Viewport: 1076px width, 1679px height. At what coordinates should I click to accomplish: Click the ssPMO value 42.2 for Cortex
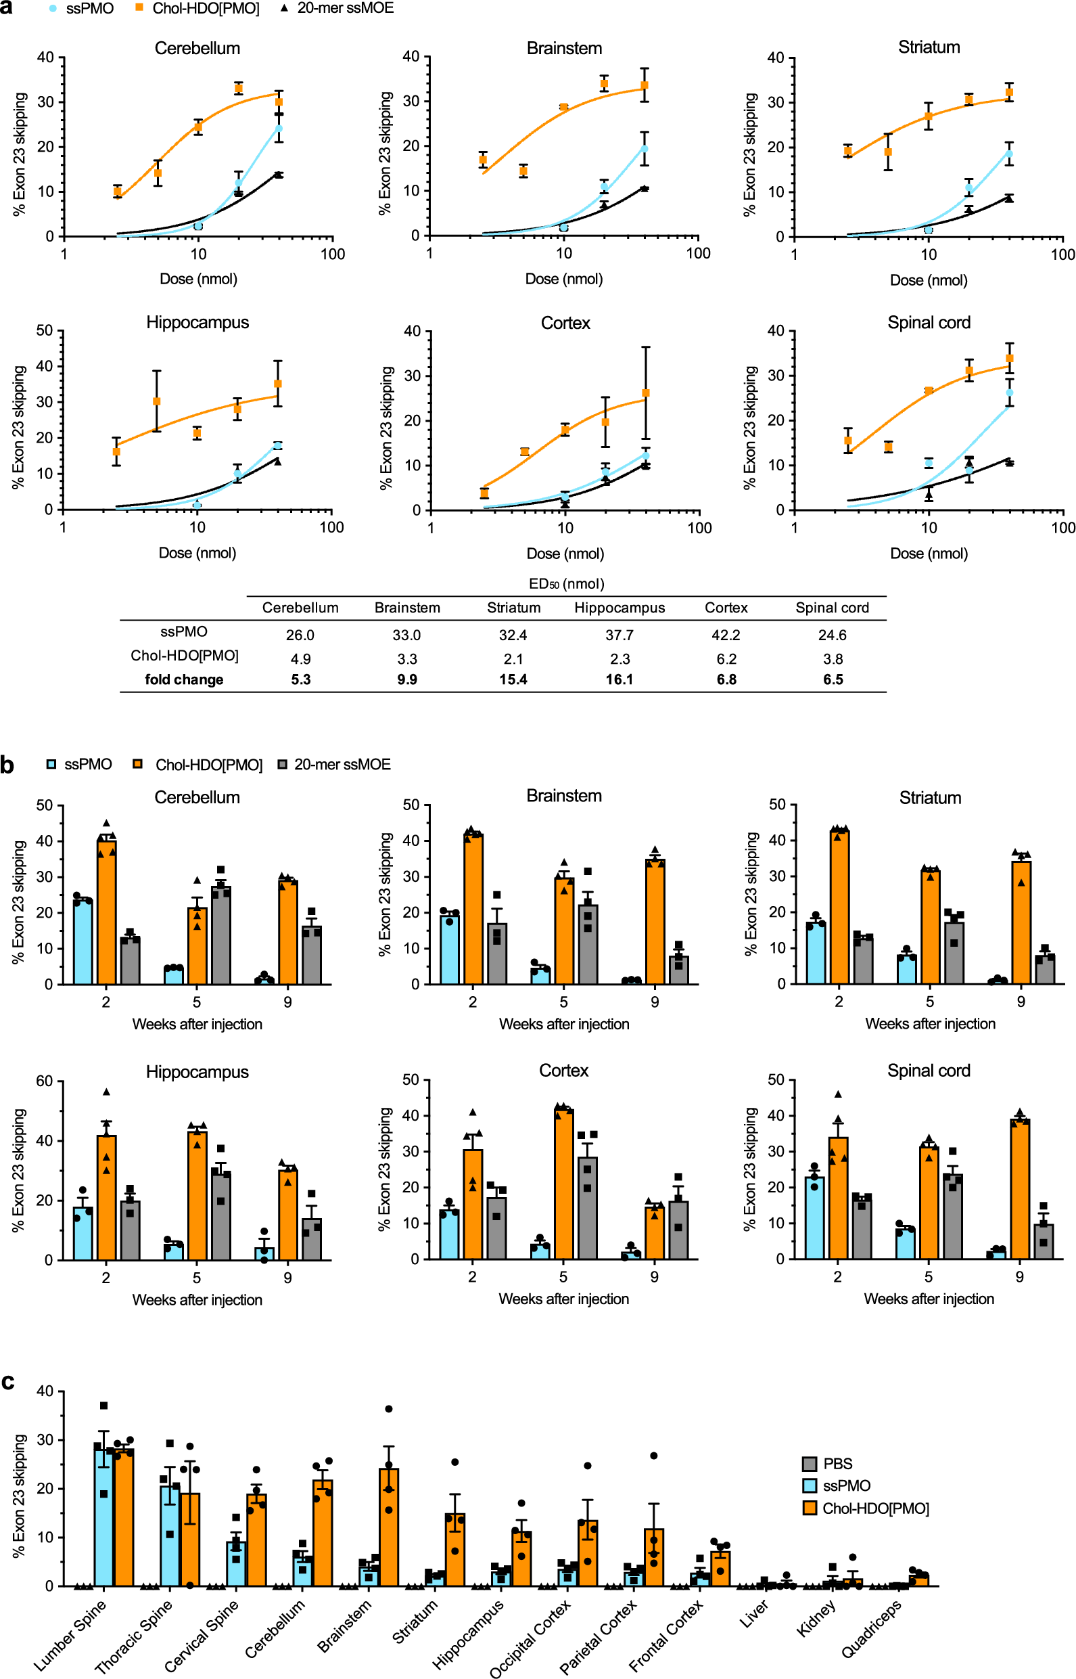[x=726, y=635]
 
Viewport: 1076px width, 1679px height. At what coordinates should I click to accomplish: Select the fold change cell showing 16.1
[x=619, y=679]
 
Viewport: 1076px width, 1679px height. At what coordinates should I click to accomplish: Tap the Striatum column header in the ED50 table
[x=513, y=608]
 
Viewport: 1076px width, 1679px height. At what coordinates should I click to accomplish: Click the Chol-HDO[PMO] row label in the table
[x=185, y=656]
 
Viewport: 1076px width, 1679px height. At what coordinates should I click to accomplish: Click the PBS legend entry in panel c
[x=837, y=1463]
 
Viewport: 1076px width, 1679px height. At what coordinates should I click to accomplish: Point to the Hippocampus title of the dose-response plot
[x=197, y=322]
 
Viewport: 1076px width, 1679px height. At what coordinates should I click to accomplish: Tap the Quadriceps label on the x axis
[x=871, y=1629]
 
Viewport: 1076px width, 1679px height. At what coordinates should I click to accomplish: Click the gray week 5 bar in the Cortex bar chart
[x=587, y=1209]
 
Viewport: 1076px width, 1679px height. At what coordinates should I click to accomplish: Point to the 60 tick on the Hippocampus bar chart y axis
[x=44, y=1081]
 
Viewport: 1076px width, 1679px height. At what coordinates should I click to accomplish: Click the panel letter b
[x=7, y=765]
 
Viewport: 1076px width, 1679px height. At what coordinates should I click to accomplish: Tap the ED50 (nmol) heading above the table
[x=566, y=583]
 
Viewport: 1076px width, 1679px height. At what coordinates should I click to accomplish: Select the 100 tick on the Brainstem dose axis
[x=698, y=253]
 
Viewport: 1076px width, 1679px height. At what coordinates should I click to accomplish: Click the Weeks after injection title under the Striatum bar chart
[x=930, y=1023]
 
